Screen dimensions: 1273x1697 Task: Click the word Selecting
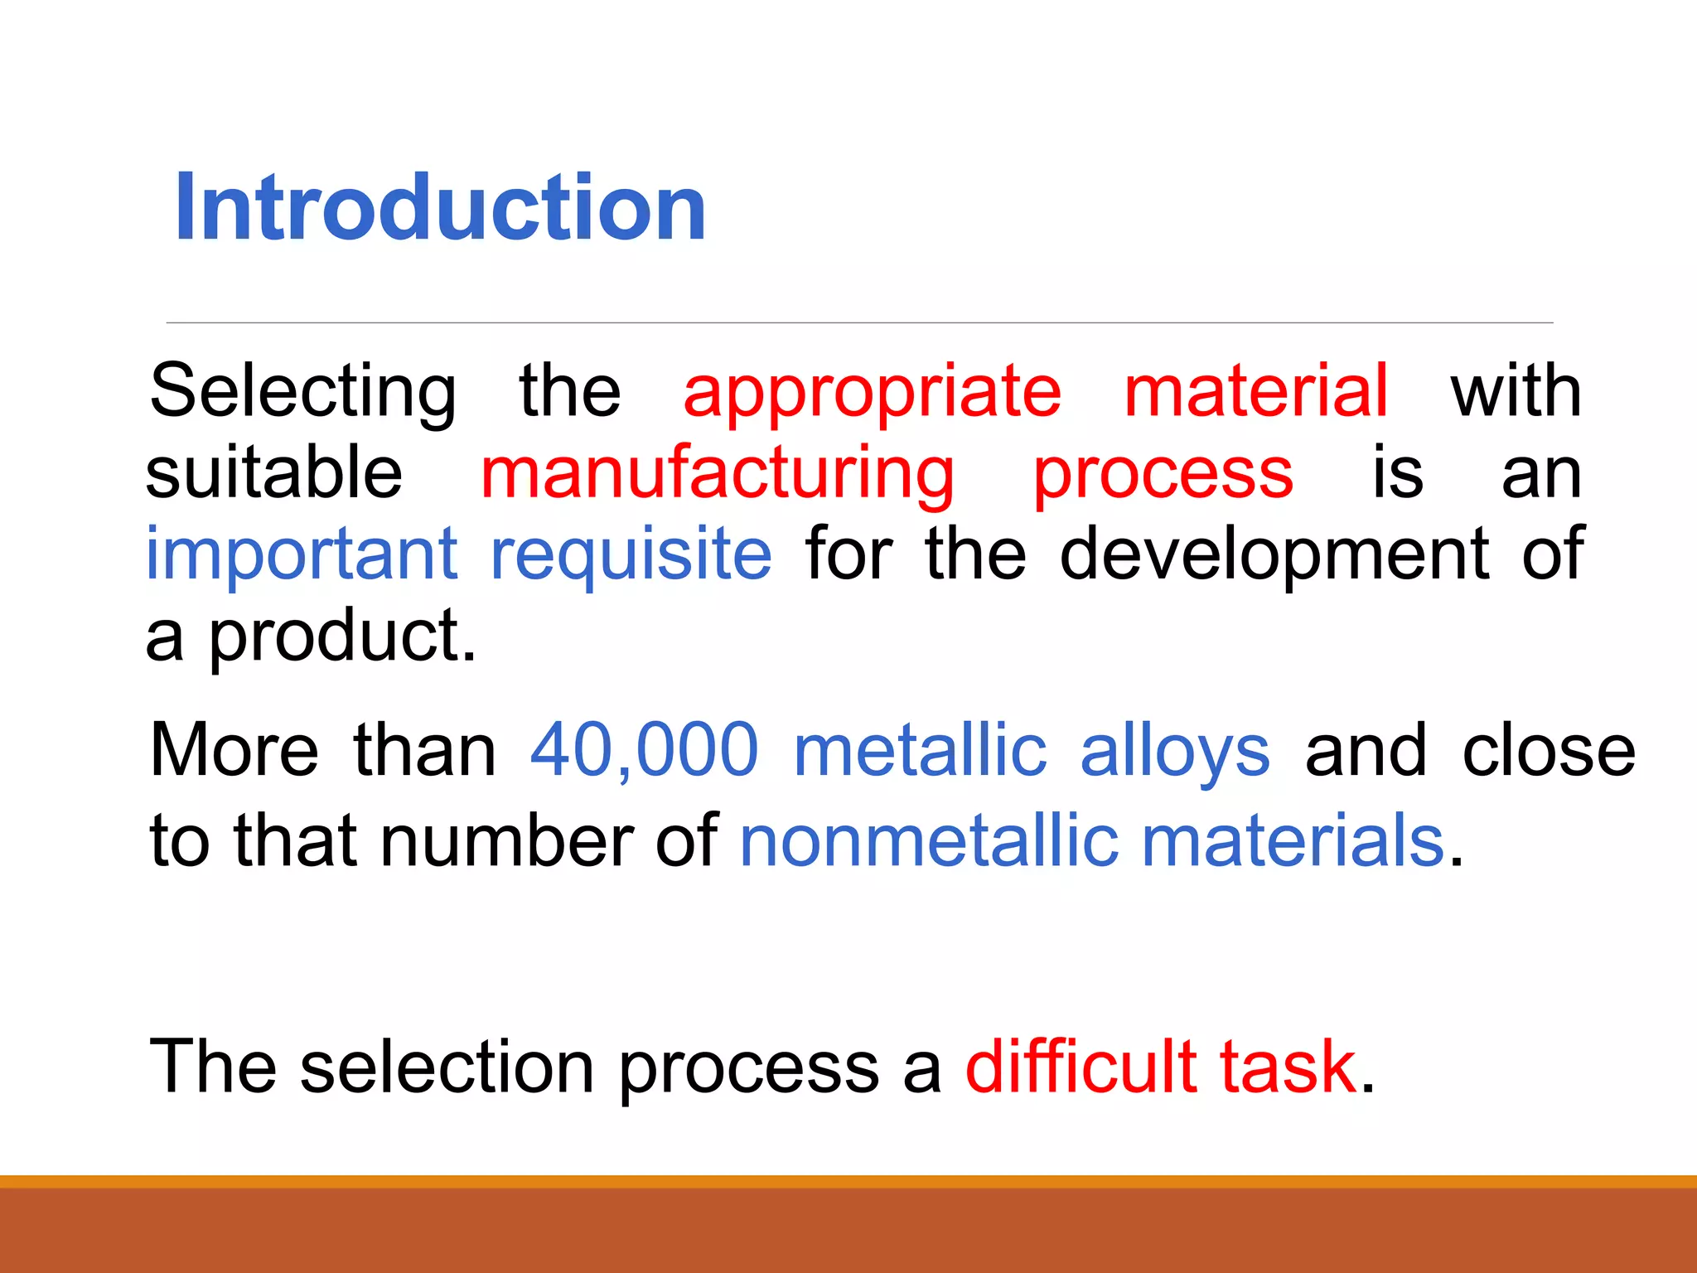[302, 391]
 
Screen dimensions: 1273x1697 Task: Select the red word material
[1255, 391]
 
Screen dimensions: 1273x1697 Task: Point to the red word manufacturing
[717, 474]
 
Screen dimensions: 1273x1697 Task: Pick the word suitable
[273, 472]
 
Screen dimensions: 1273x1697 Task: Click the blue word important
[302, 554]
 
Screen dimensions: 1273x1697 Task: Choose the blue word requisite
[631, 554]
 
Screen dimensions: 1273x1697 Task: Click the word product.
[341, 636]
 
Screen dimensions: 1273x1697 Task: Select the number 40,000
[644, 750]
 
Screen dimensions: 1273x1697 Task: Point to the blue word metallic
[920, 750]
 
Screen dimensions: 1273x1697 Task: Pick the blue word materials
[1293, 841]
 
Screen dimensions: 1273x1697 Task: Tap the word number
[508, 841]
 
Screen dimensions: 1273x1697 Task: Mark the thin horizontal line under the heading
[858, 322]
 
